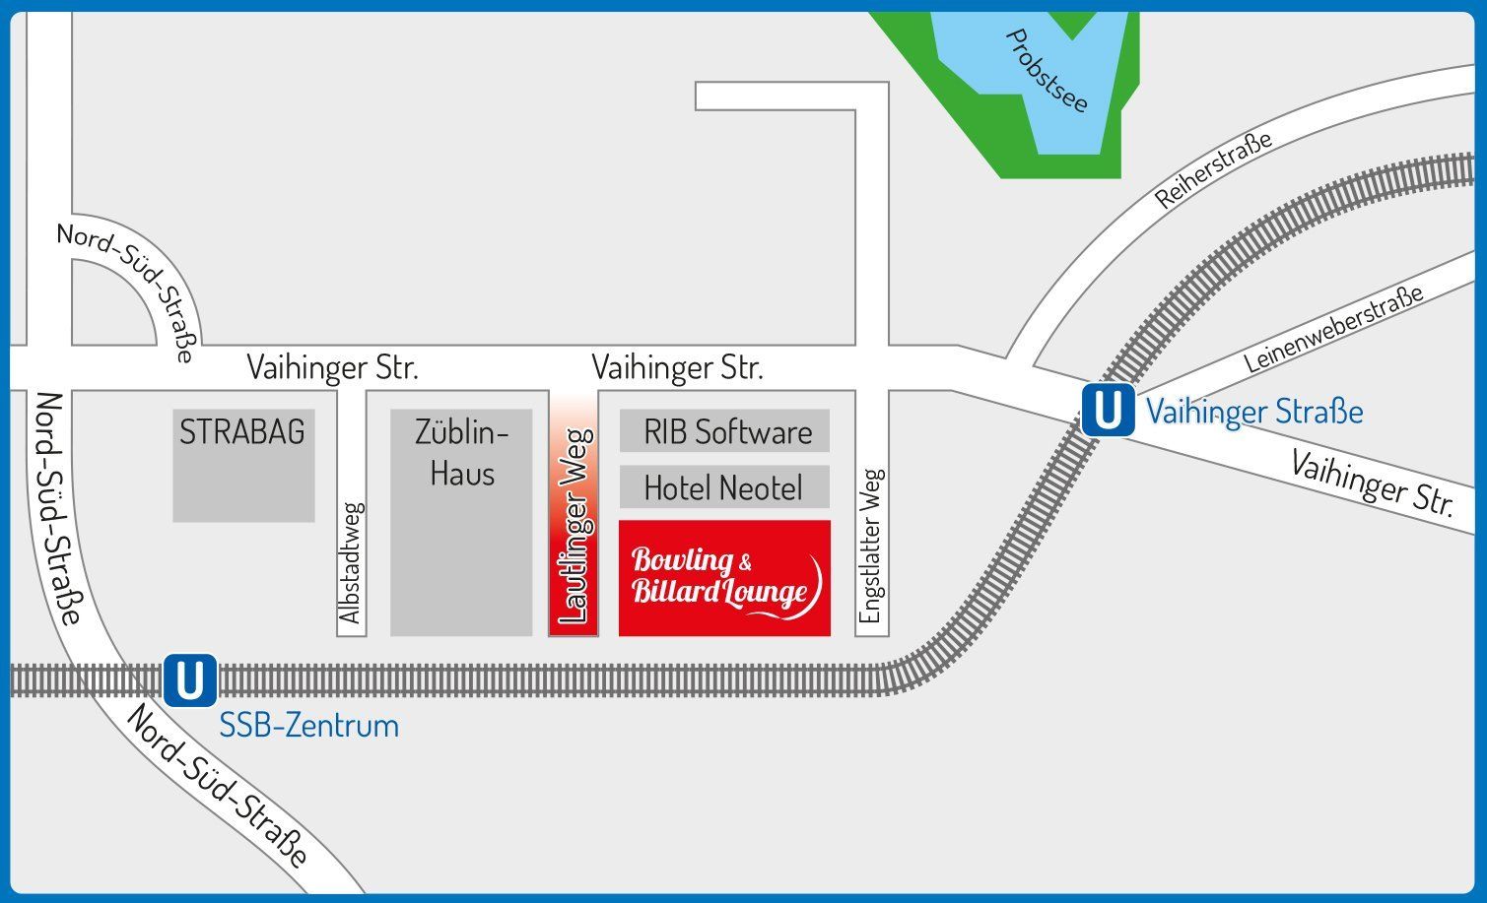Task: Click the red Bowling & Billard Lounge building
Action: click(724, 578)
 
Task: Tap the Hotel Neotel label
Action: click(723, 487)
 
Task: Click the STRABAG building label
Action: click(242, 431)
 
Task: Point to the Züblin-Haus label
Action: click(461, 453)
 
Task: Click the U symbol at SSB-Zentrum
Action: click(189, 680)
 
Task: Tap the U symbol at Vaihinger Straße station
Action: click(1108, 410)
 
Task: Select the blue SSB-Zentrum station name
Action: click(308, 726)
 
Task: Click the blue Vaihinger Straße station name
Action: click(1253, 412)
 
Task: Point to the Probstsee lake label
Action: click(1047, 71)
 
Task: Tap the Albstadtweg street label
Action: click(351, 563)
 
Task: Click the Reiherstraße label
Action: click(1213, 169)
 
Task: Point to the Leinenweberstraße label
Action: click(1333, 329)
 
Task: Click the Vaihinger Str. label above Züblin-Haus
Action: click(332, 368)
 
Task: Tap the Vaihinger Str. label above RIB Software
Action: click(677, 368)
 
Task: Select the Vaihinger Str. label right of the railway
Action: click(1372, 484)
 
